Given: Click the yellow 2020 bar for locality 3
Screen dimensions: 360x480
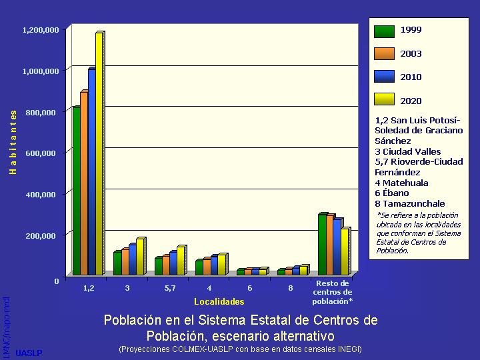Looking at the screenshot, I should coord(139,257).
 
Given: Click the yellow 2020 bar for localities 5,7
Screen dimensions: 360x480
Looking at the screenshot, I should coord(181,261).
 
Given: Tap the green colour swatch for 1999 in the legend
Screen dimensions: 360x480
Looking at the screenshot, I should coord(384,31).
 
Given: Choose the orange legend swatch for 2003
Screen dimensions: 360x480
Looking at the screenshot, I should coord(384,54).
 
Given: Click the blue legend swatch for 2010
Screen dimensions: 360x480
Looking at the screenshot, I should coord(384,77).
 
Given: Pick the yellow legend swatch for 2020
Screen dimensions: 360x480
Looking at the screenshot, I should coord(384,101).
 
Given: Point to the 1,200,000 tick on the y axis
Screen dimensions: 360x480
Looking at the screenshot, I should coord(41,30).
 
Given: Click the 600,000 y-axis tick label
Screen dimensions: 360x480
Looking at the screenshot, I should coord(41,153).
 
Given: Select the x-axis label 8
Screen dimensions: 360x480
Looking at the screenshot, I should coord(291,288).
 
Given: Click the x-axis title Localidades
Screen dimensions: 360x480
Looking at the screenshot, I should coord(209,302).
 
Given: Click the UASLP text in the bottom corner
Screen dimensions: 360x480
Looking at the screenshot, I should coord(29,353).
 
